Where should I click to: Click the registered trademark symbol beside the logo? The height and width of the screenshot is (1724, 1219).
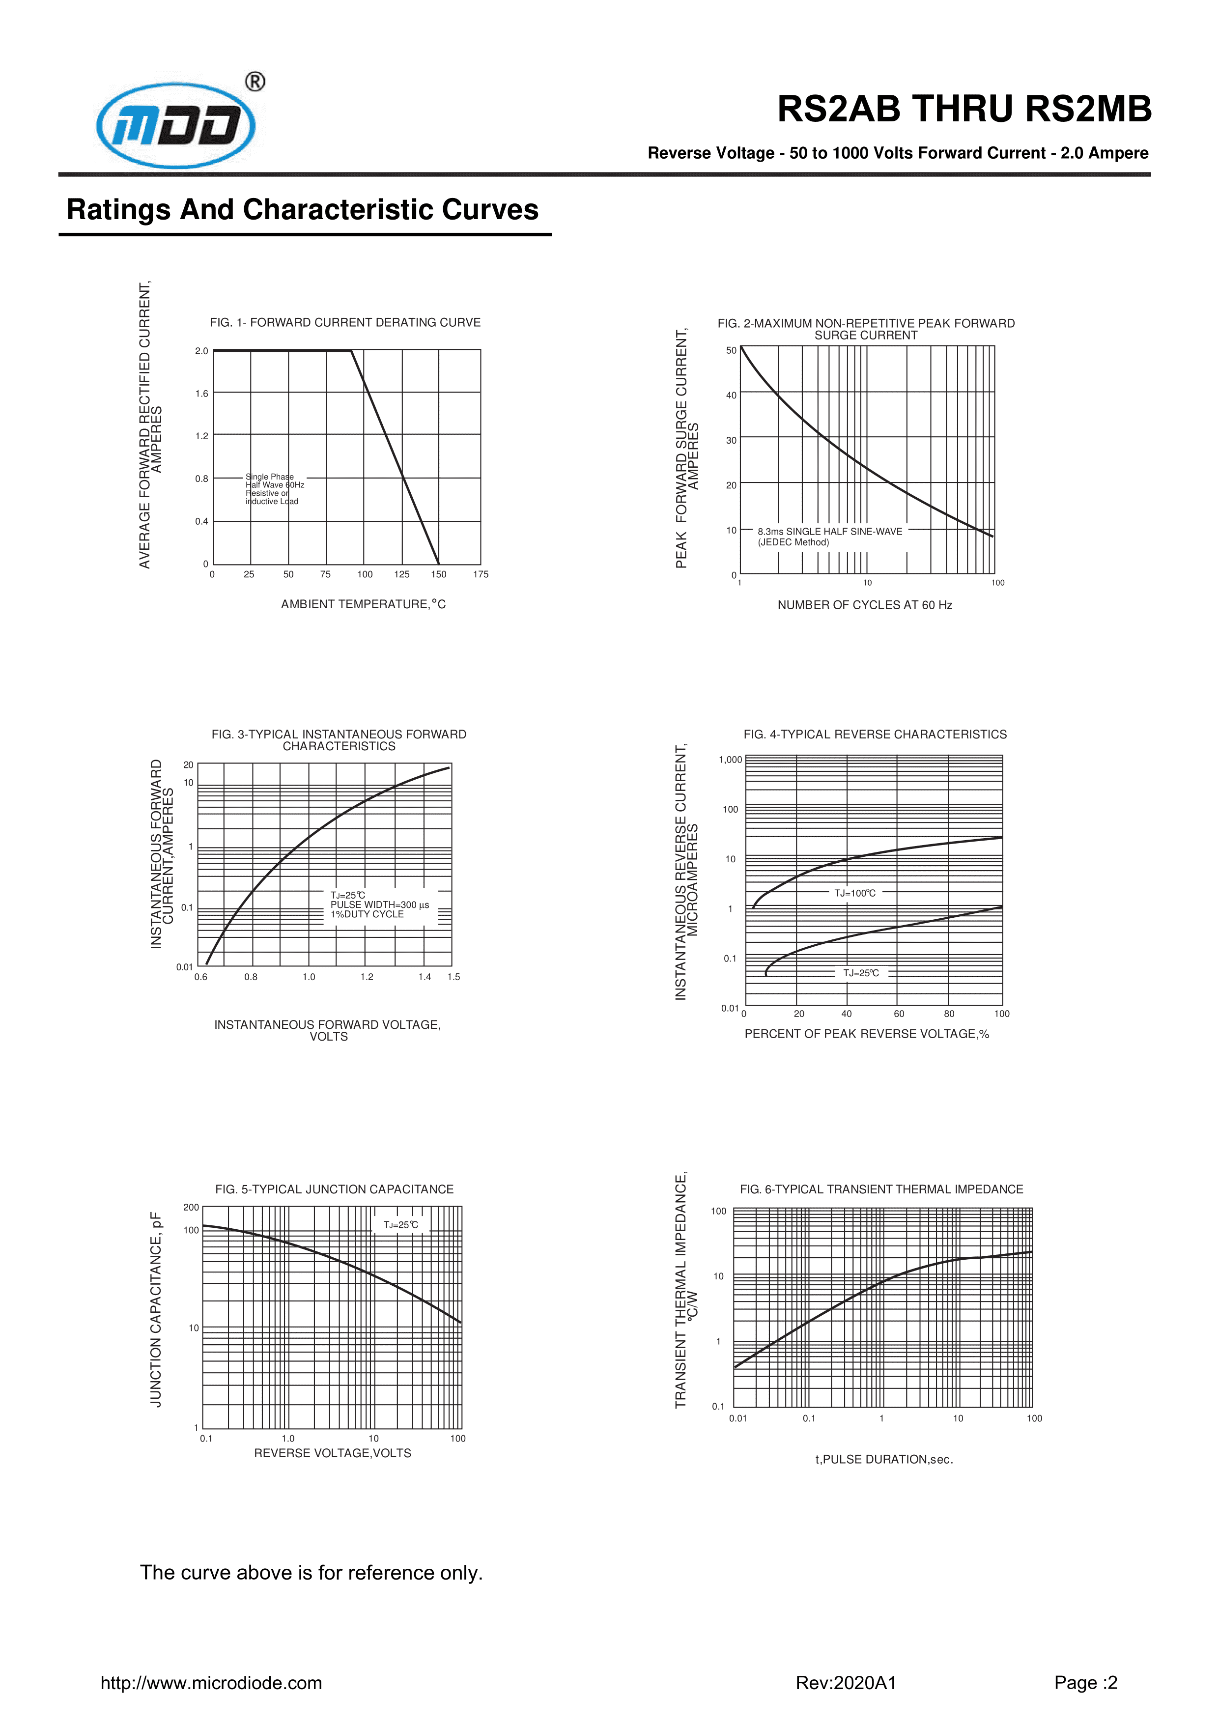coord(255,81)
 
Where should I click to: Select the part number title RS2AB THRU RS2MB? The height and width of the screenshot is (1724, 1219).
coord(964,110)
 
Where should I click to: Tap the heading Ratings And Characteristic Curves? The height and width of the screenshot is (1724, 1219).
coord(302,209)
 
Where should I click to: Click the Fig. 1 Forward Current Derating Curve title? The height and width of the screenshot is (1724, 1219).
coord(345,322)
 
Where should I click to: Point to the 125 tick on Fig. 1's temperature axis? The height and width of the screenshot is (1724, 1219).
coord(402,574)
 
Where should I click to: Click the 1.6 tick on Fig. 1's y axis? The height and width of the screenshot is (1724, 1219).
coord(201,394)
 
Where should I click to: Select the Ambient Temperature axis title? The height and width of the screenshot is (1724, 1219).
coord(363,604)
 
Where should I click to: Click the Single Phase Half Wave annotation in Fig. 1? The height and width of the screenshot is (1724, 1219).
coord(274,489)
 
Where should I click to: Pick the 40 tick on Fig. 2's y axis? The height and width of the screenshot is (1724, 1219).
coord(731,395)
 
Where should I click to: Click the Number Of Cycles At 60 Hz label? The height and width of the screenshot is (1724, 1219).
coord(864,605)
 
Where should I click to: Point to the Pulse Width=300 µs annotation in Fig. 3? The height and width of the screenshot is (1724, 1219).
coord(379,905)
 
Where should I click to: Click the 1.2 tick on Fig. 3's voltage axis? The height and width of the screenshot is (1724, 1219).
coord(367,977)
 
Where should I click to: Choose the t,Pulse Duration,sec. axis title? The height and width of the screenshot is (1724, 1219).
coord(884,1460)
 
